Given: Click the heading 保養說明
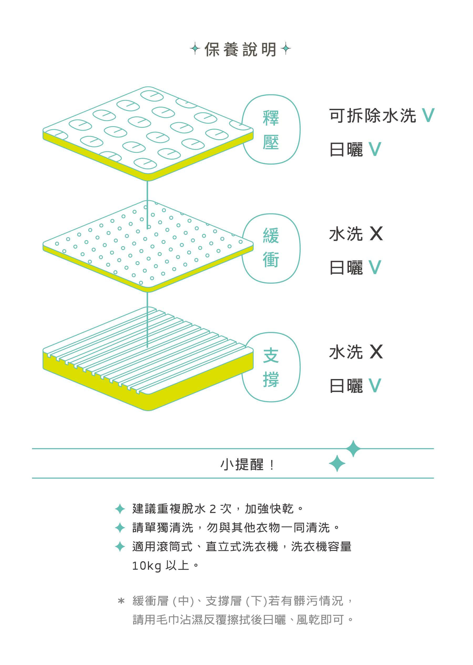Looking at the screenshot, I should pos(240,49).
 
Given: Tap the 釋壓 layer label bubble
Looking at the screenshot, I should pos(271,129).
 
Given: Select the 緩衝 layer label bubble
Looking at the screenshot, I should pos(271,248).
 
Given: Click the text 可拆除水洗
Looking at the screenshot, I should pos(373,116).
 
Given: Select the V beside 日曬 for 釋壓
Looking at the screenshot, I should pos(375,150).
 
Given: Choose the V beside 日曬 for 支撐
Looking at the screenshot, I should pos(375,386).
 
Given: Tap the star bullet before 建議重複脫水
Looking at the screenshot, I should pos(120,509).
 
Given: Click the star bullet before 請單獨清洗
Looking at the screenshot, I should pos(120,528).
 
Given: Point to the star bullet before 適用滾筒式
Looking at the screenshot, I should pos(120,546).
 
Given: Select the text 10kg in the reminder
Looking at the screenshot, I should pos(147,566).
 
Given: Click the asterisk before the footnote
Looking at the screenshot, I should pos(121,601).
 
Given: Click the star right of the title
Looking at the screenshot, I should pos(286,48).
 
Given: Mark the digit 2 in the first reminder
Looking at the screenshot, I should pos(213,509).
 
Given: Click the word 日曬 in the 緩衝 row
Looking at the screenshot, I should pos(346,268).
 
